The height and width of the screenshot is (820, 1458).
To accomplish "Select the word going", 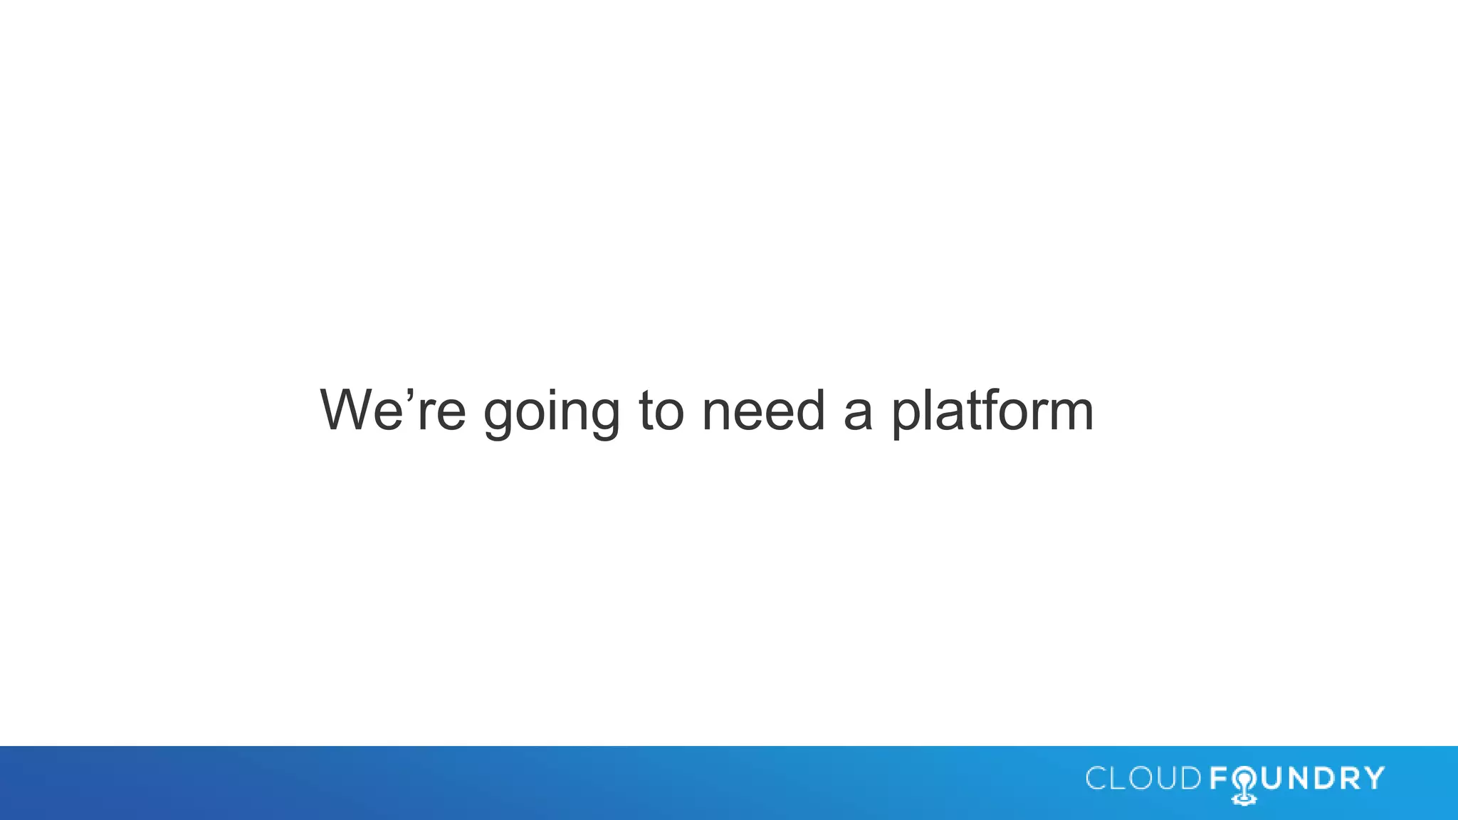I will (x=552, y=413).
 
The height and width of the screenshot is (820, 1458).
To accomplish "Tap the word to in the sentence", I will (x=661, y=411).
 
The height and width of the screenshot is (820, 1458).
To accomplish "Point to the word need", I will (x=763, y=411).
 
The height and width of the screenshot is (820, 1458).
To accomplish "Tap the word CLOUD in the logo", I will (x=1143, y=779).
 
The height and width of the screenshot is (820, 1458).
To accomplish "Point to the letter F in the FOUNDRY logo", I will (x=1218, y=779).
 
